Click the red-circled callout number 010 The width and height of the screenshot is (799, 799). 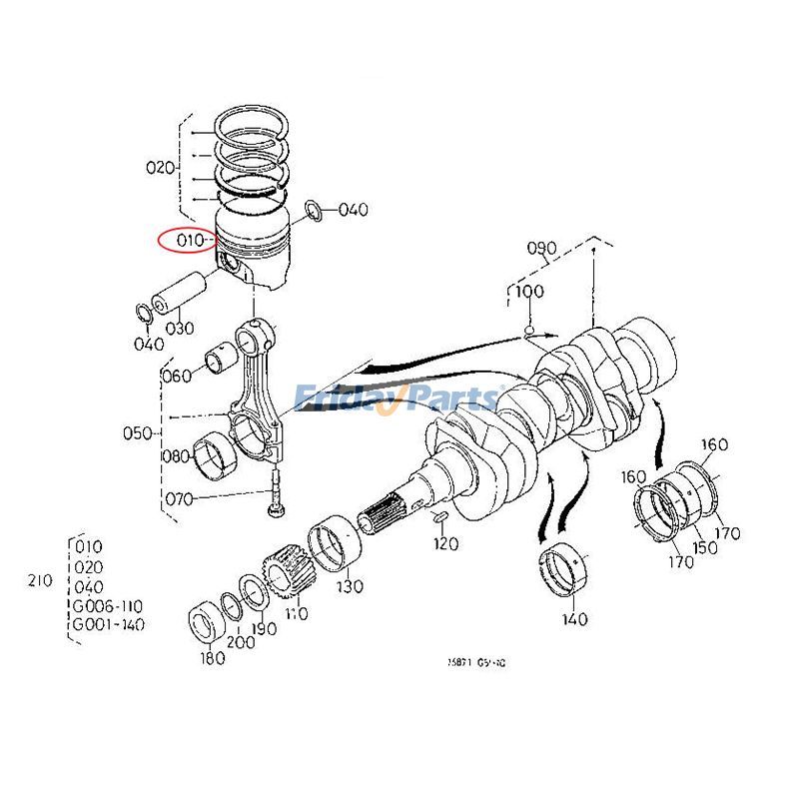(191, 241)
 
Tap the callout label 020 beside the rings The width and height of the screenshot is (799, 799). (160, 168)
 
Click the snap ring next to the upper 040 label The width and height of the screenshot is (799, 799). (312, 210)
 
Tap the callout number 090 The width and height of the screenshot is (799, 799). (541, 248)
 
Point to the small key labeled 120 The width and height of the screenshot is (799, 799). (438, 516)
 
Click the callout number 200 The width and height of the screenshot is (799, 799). (240, 643)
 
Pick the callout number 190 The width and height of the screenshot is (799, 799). (264, 630)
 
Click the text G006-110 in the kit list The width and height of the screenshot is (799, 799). (108, 606)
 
